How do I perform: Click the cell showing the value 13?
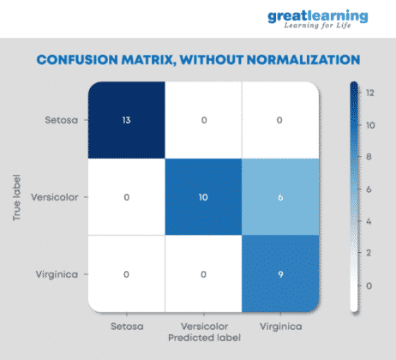[126, 120]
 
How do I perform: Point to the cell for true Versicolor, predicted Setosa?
[126, 197]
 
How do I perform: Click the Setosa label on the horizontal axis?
[126, 326]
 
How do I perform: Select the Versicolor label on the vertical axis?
[54, 197]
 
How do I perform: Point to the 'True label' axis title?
[17, 197]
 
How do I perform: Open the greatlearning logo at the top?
[319, 19]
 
